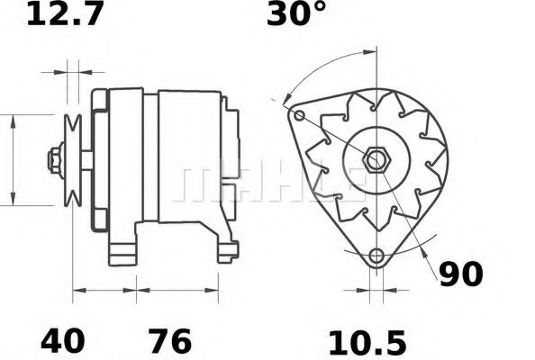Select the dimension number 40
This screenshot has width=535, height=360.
coord(62,341)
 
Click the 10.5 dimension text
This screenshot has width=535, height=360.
coord(367,341)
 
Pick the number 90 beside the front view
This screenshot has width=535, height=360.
coord(460,274)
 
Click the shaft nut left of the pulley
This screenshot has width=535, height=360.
coord(55,160)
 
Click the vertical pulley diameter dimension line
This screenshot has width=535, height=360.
coord(13,160)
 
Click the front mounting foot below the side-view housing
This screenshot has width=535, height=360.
coord(122,250)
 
